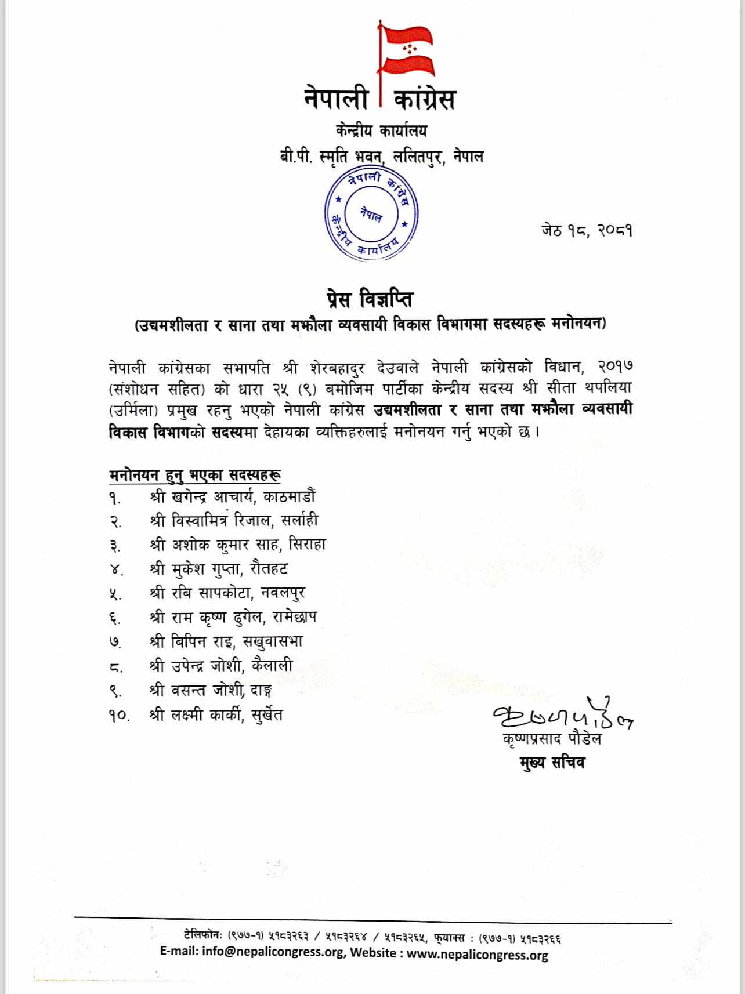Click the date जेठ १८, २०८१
point(587,231)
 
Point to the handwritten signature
point(560,717)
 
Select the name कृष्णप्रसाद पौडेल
point(552,739)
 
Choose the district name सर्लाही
point(299,521)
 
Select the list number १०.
point(118,716)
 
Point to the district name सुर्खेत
point(267,715)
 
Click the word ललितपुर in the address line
point(420,157)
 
